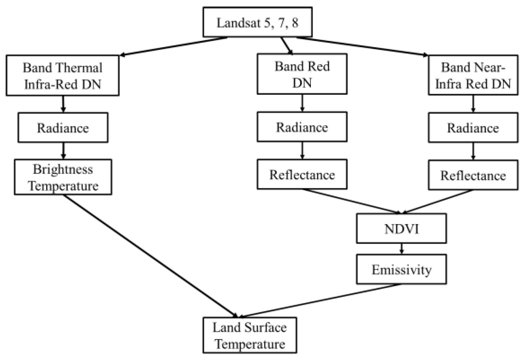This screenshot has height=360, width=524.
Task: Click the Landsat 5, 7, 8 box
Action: point(257,22)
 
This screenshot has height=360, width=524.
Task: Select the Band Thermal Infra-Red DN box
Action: point(62,76)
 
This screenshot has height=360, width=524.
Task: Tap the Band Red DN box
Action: point(302,74)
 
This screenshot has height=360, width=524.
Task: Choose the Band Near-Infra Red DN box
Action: point(473,75)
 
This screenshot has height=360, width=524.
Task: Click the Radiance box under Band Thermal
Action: point(63,128)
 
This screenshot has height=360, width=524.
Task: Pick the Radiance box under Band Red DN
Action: point(302,127)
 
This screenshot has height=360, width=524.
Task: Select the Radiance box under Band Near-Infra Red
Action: point(473,128)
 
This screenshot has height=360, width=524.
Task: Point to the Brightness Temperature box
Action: point(63,177)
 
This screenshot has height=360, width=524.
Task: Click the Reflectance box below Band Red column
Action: point(302,175)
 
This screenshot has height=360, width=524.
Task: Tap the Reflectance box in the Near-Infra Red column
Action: point(473,176)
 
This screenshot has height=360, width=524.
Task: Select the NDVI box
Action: point(401,229)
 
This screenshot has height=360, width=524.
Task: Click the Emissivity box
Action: point(401,270)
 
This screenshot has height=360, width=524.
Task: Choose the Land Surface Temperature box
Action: point(250,335)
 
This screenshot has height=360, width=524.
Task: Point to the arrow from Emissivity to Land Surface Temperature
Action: point(320,300)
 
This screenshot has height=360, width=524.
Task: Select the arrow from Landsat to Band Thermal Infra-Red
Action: point(173,46)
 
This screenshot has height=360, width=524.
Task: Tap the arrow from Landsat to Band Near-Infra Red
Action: point(362,46)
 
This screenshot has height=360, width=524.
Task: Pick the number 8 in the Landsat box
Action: point(295,22)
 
